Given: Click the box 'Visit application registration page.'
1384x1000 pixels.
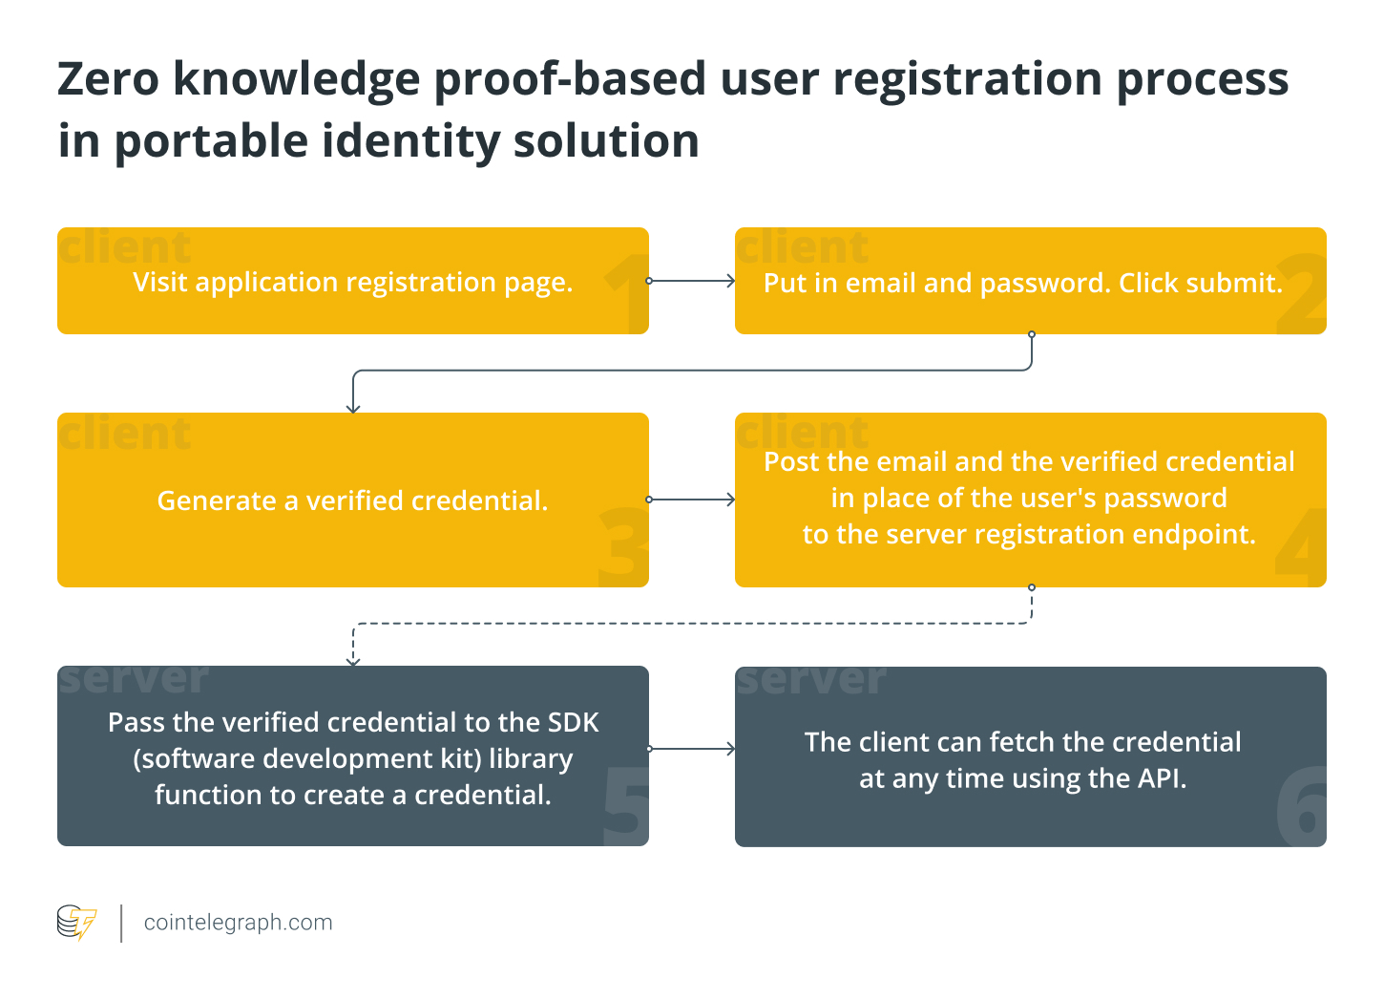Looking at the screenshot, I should (x=352, y=281).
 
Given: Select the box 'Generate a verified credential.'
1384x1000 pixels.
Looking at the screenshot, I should (x=352, y=500).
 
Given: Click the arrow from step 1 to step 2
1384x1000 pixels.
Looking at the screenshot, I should (x=692, y=281).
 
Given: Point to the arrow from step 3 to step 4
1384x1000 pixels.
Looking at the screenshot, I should (x=692, y=500).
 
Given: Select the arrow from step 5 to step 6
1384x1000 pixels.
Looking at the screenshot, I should (x=692, y=749).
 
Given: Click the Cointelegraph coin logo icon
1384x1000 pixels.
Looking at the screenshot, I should (x=76, y=923).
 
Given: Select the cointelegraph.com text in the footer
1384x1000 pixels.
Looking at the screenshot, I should (x=238, y=923).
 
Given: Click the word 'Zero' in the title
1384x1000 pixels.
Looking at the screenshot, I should (x=108, y=78).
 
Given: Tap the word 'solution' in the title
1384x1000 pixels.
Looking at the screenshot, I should (x=606, y=141).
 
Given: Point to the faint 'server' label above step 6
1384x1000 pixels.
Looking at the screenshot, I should (x=810, y=679).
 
